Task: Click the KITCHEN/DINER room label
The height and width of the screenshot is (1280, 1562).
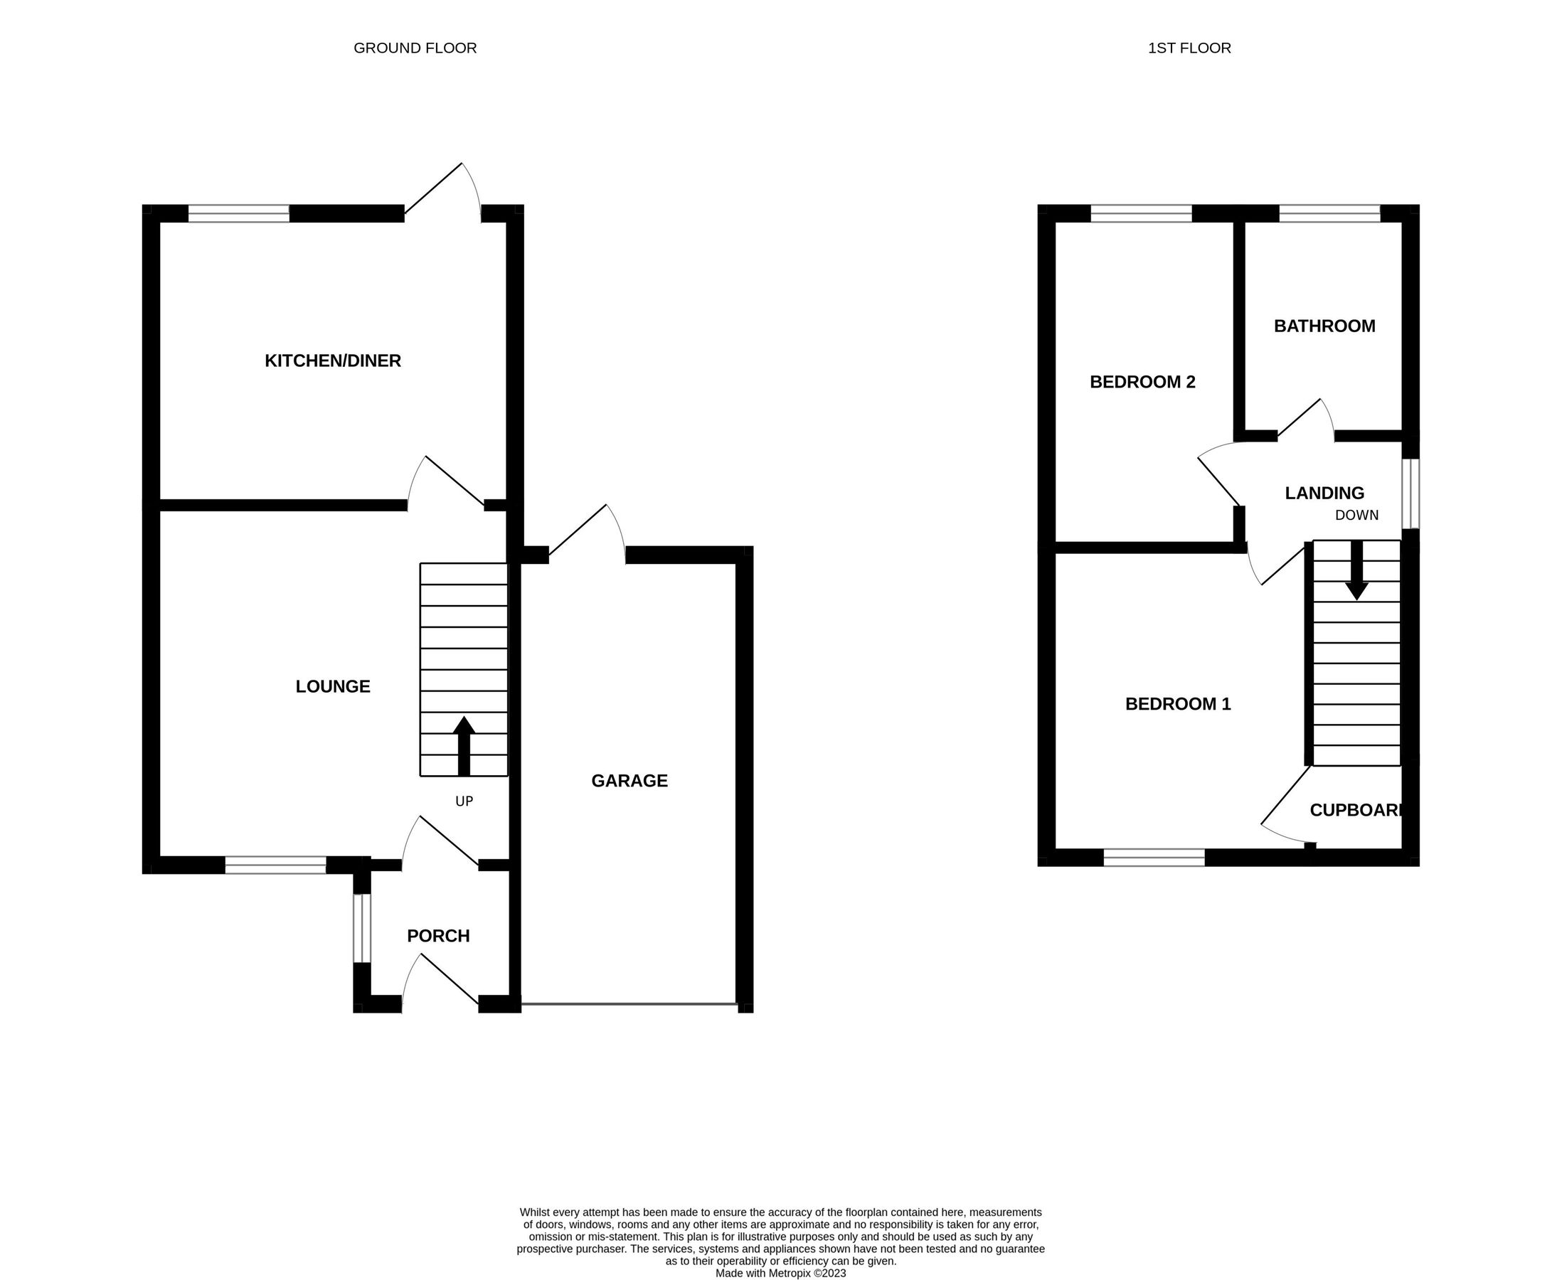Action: tap(333, 361)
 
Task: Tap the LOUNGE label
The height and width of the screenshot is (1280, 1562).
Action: tap(333, 686)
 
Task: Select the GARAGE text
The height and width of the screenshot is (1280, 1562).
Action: tap(629, 781)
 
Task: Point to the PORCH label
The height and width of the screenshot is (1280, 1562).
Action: tap(438, 936)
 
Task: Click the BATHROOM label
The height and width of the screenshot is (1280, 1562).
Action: tap(1324, 326)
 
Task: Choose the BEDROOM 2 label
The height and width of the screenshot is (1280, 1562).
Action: tap(1142, 382)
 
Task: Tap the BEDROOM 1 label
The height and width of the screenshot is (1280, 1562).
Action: tap(1178, 704)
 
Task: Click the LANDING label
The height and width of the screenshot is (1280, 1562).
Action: tap(1324, 494)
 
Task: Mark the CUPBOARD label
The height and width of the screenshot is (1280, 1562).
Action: tap(1355, 811)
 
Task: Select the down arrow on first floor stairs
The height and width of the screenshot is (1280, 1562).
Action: tap(1356, 571)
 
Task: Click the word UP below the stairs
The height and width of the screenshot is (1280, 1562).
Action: tap(464, 801)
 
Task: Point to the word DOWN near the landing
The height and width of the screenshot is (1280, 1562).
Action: tap(1356, 516)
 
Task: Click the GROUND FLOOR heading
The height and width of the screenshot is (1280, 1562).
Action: tap(415, 48)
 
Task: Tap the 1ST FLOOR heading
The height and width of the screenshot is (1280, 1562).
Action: tap(1189, 48)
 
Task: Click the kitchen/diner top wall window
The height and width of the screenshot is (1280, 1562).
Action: tap(239, 214)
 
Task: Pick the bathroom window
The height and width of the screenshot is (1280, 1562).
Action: tap(1329, 214)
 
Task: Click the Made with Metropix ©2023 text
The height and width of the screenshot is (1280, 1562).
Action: tap(780, 1273)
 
